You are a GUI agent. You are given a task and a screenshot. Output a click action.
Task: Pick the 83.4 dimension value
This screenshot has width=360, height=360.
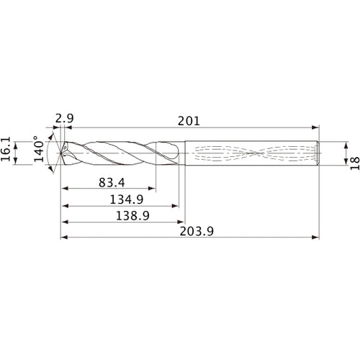click(110, 184)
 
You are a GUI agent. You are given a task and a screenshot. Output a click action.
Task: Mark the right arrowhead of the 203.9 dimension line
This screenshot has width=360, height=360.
click(316, 238)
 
